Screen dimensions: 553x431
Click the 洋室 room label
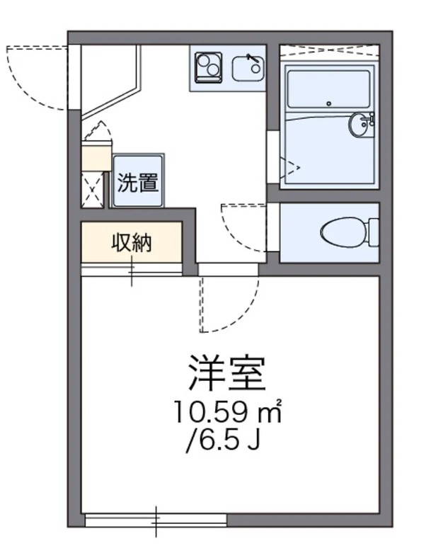[227, 374]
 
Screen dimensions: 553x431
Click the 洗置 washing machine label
[138, 183]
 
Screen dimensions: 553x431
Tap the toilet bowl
[344, 232]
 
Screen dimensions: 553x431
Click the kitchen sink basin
[248, 69]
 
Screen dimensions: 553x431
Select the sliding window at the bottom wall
[156, 520]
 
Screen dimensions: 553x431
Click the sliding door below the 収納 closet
[132, 270]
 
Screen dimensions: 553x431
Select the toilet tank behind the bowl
[374, 232]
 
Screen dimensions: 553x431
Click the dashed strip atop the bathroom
[329, 51]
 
